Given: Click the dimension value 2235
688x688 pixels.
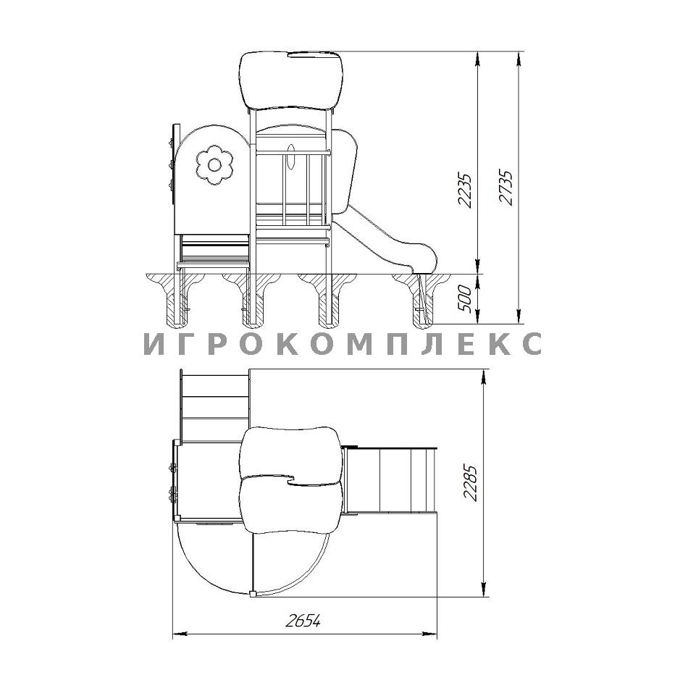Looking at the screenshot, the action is (x=465, y=190).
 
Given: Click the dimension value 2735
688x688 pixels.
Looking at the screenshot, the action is (x=505, y=187).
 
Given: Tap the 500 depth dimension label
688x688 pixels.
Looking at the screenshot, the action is (x=465, y=299).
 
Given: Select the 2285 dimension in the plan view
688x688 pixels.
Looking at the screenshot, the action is (x=470, y=482).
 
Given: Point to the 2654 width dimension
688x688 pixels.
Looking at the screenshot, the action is (x=303, y=621).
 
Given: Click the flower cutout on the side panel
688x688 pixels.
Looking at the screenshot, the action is (x=214, y=165).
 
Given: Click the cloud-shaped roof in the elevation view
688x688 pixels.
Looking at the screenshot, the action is (x=291, y=80).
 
